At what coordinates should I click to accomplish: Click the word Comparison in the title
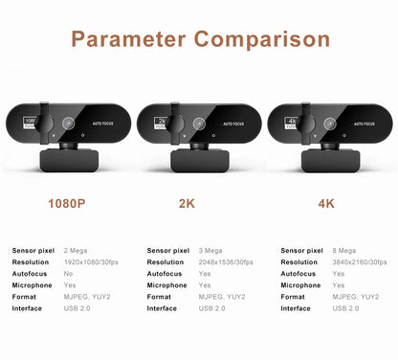(x=262, y=40)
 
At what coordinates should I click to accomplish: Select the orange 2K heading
(x=199, y=204)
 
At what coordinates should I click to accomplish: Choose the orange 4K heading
(x=327, y=204)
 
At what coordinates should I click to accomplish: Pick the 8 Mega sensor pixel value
(x=345, y=250)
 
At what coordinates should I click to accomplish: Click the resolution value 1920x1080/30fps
(x=93, y=261)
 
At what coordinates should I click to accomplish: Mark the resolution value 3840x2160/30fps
(x=361, y=261)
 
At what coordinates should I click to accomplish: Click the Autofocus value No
(x=69, y=273)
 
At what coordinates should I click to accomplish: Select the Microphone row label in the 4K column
(x=300, y=285)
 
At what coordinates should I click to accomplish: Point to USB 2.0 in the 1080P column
(x=77, y=308)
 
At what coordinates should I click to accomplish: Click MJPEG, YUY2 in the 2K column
(x=221, y=297)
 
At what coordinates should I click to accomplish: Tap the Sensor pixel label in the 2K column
(x=168, y=250)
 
